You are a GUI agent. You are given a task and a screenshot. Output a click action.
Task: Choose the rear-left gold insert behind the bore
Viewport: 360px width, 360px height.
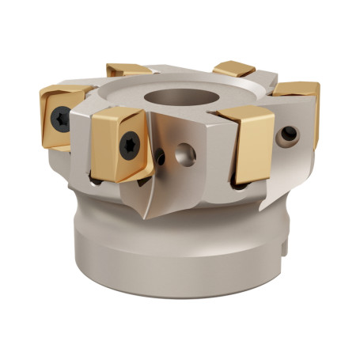[x=128, y=70]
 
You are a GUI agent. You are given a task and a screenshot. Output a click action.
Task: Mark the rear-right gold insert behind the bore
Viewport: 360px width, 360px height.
[x=235, y=69]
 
